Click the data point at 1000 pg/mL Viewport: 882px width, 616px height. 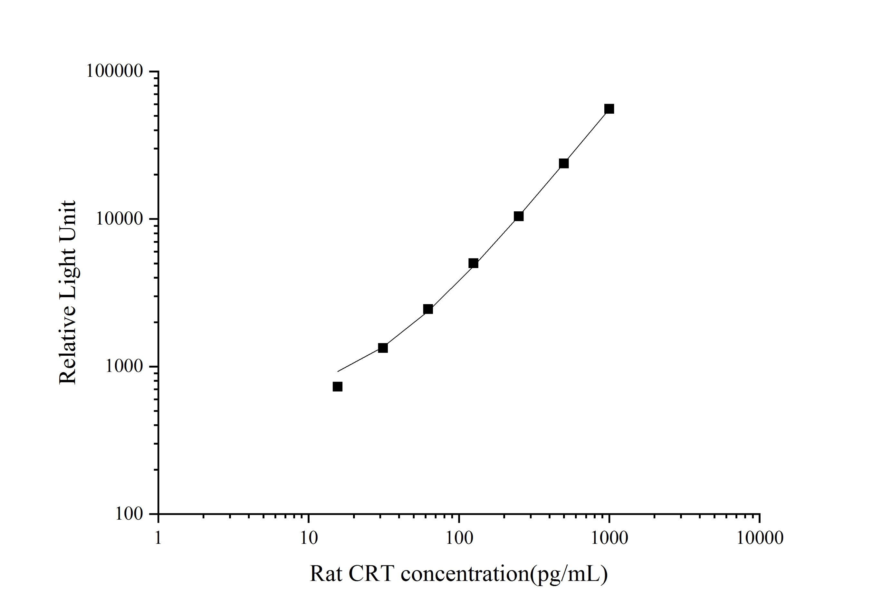pyautogui.click(x=609, y=109)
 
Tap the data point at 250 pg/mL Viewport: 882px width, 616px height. pyautogui.click(x=519, y=217)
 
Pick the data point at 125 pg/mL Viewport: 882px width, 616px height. pyautogui.click(x=473, y=263)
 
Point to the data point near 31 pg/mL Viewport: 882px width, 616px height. pyautogui.click(x=383, y=348)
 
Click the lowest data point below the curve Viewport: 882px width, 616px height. pyautogui.click(x=338, y=387)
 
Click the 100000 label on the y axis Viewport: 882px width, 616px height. pyautogui.click(x=114, y=72)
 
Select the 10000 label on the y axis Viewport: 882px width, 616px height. pyautogui.click(x=120, y=219)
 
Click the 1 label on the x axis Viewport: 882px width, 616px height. pyautogui.click(x=158, y=538)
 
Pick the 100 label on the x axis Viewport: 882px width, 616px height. pyautogui.click(x=459, y=538)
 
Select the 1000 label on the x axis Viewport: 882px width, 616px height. pyautogui.click(x=609, y=538)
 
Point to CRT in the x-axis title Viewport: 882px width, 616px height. pyautogui.click(x=371, y=574)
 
